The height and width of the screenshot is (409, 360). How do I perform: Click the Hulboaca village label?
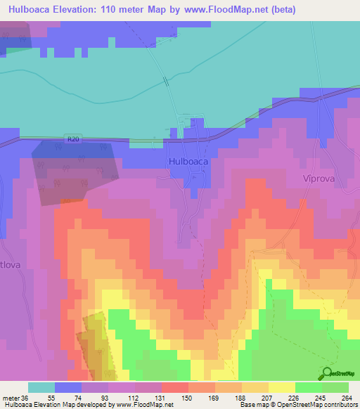[188, 161]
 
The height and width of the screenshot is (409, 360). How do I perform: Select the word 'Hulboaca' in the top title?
[32, 10]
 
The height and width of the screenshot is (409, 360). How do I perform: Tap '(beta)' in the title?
[280, 10]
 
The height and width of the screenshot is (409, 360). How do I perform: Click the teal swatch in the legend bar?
[41, 387]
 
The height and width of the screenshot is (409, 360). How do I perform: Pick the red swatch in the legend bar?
[175, 387]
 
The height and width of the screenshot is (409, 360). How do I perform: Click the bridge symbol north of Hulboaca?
[167, 82]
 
